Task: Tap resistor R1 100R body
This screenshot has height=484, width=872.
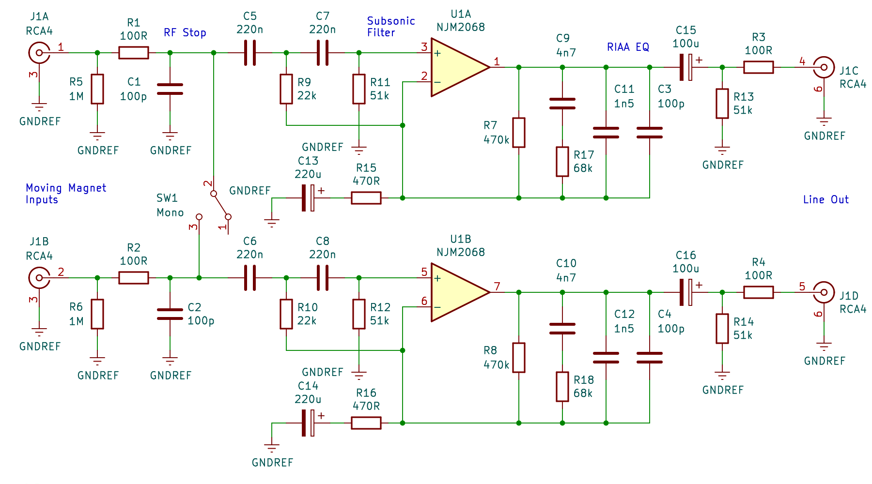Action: [x=134, y=53]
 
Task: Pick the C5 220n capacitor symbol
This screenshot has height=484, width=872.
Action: [x=250, y=53]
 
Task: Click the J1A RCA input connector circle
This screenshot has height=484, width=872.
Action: [x=39, y=53]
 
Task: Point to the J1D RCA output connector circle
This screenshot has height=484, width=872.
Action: [x=824, y=292]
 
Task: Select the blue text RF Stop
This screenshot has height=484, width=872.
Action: [x=185, y=33]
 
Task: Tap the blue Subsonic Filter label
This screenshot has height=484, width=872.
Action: [x=390, y=27]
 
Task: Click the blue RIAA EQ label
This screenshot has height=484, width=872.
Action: [x=628, y=47]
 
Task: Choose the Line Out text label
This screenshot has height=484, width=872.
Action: [x=825, y=199]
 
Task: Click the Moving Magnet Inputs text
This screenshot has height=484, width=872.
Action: [x=65, y=194]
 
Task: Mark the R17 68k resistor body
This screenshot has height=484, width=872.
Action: [x=562, y=162]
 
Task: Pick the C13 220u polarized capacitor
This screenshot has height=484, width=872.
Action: [x=308, y=198]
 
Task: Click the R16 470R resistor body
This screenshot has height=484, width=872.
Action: [x=366, y=423]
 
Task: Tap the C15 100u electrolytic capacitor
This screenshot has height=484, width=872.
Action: [x=686, y=67]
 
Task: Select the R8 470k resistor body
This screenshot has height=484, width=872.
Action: [x=519, y=358]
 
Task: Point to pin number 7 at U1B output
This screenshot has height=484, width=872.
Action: [x=497, y=287]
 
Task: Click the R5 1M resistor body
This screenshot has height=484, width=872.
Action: [x=97, y=89]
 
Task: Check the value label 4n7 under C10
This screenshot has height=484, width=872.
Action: [x=566, y=278]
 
